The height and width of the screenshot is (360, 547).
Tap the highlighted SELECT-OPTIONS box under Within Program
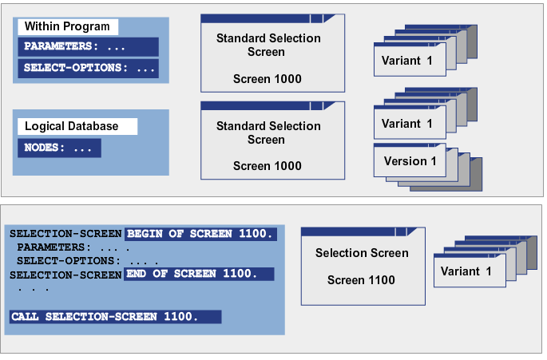(88, 68)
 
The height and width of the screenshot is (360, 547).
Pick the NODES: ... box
(59, 148)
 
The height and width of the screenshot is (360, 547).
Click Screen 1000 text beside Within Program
(268, 79)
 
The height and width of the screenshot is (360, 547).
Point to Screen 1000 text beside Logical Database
(268, 166)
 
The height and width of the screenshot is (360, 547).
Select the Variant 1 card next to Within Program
(406, 61)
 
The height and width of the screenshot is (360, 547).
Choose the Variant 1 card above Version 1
(406, 124)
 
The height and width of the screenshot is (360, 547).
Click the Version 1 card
(406, 161)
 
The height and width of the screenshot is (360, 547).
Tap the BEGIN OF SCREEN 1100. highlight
(200, 234)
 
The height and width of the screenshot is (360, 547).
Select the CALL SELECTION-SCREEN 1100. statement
(115, 317)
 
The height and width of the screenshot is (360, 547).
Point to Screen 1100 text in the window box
(362, 280)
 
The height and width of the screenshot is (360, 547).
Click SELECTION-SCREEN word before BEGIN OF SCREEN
(65, 234)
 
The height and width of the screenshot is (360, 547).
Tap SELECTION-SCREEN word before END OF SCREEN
(65, 274)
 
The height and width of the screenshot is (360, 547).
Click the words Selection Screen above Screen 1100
(362, 254)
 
